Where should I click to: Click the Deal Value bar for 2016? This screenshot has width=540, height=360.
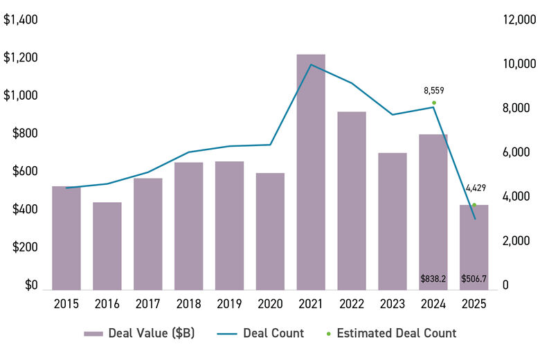click(x=107, y=246)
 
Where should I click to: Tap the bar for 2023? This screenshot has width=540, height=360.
click(x=393, y=221)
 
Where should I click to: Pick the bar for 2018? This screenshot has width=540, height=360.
click(x=188, y=226)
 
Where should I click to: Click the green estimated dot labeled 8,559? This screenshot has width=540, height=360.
click(x=434, y=102)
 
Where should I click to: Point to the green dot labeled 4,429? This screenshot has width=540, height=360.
click(x=474, y=204)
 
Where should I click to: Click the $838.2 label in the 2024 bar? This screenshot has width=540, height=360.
click(x=433, y=279)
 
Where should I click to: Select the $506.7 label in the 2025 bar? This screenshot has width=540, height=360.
click(x=474, y=279)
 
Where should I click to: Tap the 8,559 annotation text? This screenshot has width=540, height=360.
click(x=434, y=90)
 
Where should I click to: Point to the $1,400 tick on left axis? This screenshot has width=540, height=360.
click(x=20, y=20)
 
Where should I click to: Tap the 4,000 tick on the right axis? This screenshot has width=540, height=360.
click(x=514, y=197)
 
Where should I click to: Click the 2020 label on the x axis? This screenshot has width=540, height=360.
click(x=270, y=304)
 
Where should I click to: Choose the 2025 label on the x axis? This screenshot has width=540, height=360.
click(x=474, y=304)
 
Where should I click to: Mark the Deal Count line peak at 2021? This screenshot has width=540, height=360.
click(x=311, y=64)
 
